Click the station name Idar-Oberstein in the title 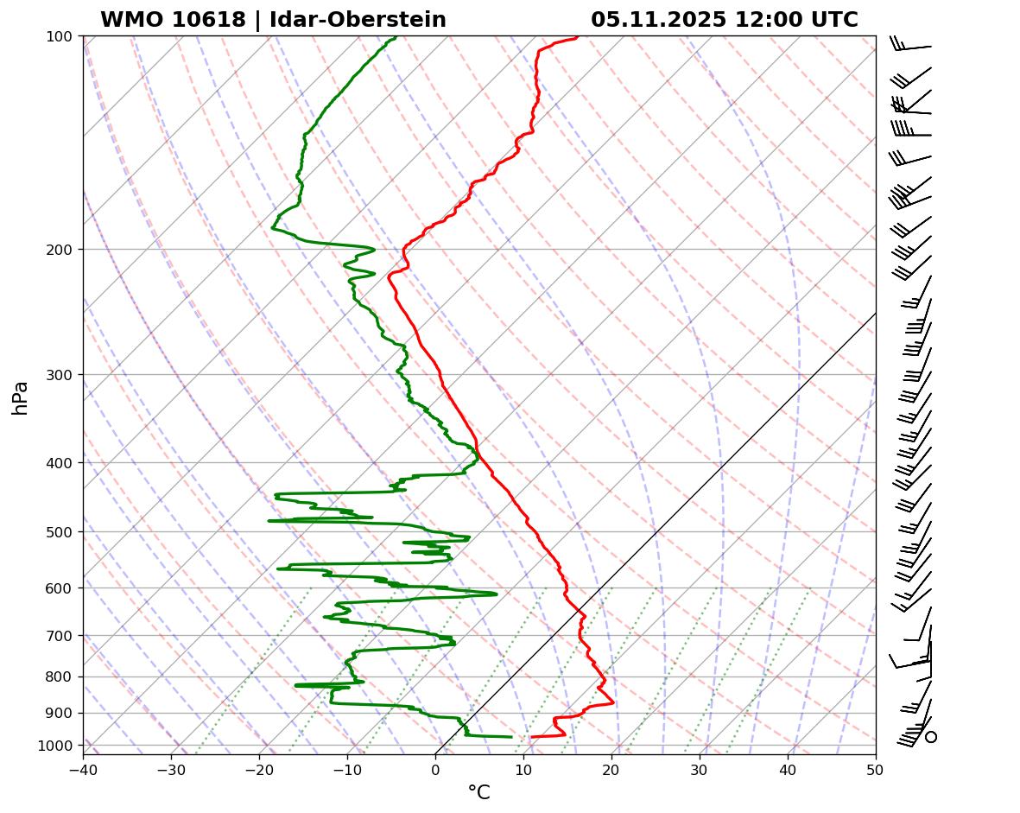coord(358,20)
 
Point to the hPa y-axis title coord(20,397)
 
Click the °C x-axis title coord(478,792)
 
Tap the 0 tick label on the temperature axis coord(435,765)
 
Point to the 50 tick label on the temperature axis coord(876,765)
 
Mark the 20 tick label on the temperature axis coord(611,765)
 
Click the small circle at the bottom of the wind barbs coord(931,737)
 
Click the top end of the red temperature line coord(577,38)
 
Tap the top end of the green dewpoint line coord(396,38)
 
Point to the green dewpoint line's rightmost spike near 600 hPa coord(496,594)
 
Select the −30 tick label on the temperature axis coord(171,765)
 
